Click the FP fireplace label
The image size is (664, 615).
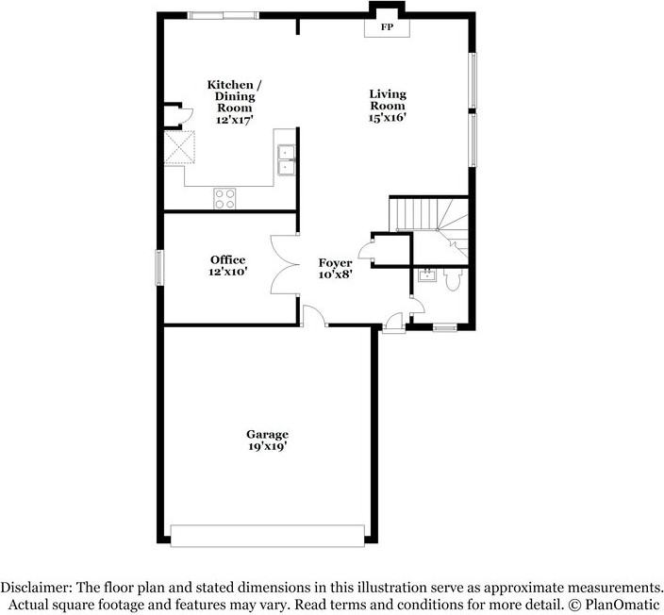(386, 28)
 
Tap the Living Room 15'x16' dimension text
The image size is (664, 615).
(388, 119)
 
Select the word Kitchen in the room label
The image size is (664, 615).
(228, 85)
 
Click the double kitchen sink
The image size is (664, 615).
(285, 160)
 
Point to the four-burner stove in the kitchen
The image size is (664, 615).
(224, 197)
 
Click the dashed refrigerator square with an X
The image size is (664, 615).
(179, 148)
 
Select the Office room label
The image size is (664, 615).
(227, 259)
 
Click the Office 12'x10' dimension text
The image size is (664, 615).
(227, 272)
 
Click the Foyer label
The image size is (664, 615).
(335, 263)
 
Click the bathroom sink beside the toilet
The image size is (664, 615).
(425, 274)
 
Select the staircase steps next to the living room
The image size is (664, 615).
(414, 214)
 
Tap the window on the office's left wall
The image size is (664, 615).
(159, 266)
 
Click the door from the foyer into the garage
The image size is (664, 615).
(314, 319)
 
